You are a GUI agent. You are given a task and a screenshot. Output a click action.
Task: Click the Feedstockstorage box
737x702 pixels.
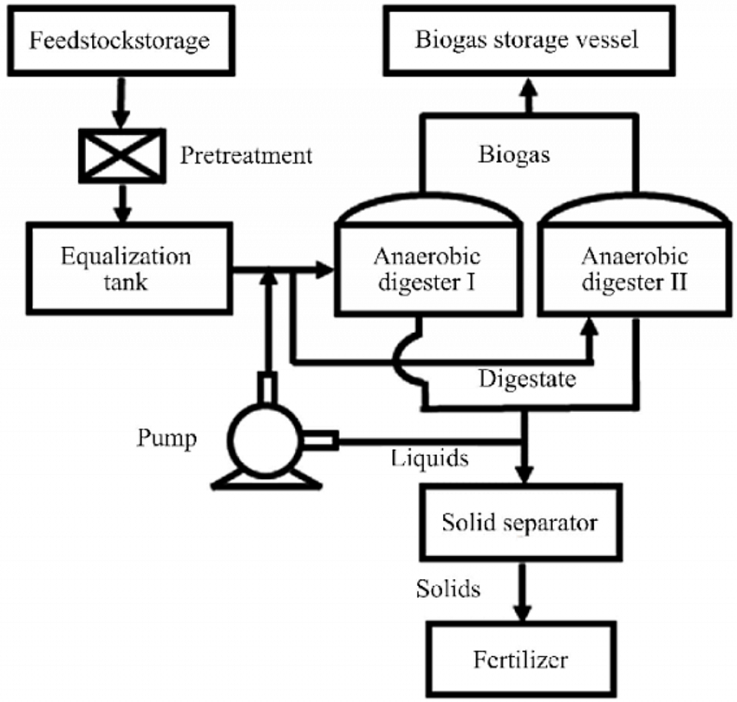coord(120,41)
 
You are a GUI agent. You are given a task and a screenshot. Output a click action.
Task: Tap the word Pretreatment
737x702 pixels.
coord(246,156)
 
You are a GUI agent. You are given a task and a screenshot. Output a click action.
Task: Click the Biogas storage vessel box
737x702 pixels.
coord(527,41)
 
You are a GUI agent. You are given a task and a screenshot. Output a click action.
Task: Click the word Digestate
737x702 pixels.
coord(527,379)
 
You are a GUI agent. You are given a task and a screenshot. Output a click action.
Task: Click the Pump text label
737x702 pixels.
coord(167,440)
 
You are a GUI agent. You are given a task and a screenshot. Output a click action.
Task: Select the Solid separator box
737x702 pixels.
coord(519,524)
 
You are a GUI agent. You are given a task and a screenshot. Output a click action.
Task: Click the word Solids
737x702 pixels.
coord(448,588)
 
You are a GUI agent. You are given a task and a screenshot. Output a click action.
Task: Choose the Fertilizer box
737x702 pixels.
coord(520,658)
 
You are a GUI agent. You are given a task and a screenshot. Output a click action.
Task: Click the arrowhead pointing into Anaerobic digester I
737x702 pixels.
coord(326,269)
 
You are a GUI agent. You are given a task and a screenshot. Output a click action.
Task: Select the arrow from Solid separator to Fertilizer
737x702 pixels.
coord(523,594)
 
